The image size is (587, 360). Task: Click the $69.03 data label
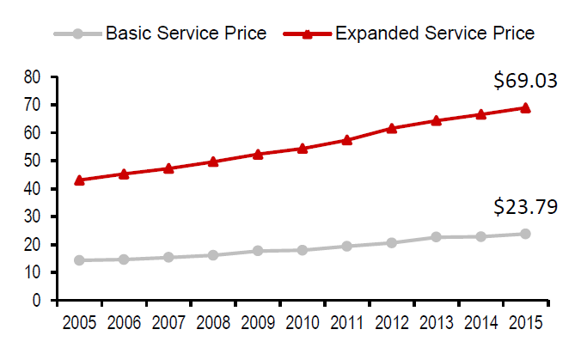525,82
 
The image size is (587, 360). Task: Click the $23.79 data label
525,207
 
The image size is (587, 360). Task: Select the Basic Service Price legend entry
184,34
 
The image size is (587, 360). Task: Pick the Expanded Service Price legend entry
434,34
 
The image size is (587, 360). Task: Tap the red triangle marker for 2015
525,107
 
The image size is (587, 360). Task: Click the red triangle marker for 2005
79,180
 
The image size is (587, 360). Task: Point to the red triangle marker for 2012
391,128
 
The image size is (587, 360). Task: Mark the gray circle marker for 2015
525,234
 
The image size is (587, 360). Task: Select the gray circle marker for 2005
79,260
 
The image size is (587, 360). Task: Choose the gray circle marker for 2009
257,251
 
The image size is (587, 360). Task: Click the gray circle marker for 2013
436,237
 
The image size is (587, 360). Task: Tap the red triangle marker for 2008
213,162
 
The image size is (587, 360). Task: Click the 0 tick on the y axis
39,301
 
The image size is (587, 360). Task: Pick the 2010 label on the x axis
302,323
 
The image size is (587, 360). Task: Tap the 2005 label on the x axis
79,323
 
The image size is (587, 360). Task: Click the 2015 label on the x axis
525,323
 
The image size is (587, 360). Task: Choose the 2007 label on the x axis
168,323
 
